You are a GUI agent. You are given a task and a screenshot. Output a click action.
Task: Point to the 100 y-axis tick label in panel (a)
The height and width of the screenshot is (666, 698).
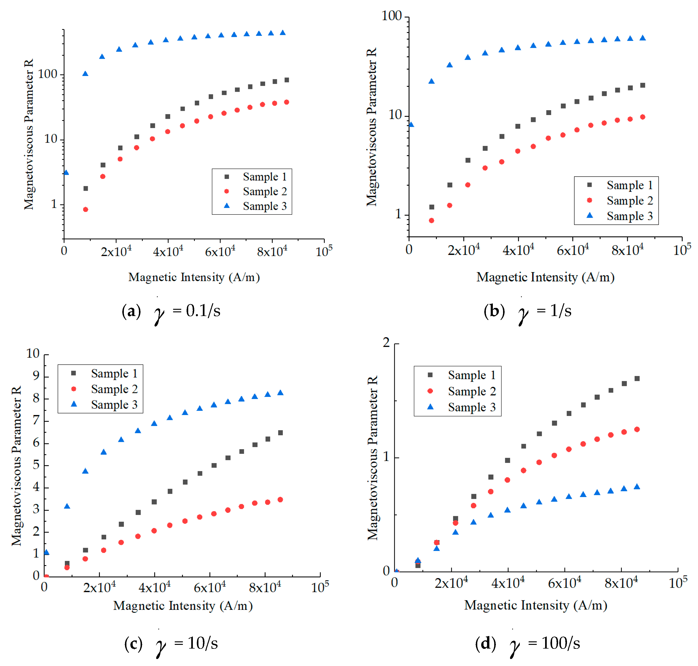pos(48,74)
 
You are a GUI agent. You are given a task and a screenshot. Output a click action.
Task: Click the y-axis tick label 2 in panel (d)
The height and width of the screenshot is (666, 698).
pos(386,343)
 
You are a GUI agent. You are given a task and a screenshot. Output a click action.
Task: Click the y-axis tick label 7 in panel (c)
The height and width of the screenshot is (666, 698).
pos(36,420)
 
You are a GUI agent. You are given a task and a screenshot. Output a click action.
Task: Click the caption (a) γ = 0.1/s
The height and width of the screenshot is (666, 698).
pos(171,312)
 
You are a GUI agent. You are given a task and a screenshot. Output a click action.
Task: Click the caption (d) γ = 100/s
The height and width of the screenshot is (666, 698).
pos(527,643)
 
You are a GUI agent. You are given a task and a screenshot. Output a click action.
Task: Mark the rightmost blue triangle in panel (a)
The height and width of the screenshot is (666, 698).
pos(283,33)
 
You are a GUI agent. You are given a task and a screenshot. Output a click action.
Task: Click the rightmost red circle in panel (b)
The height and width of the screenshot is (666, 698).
pos(642,117)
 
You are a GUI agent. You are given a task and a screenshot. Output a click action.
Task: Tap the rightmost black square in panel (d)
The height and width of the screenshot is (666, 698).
pos(637,379)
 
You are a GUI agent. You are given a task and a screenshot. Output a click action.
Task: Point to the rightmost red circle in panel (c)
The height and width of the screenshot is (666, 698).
pos(280,500)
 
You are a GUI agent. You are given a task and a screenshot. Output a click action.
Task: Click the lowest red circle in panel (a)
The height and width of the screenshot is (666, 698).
pos(86,209)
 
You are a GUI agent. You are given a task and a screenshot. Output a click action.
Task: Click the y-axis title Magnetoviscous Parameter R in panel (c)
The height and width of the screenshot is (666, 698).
pos(16,466)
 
